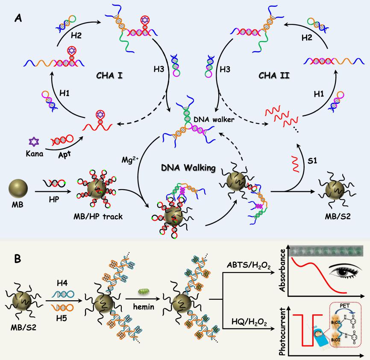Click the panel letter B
[x=18, y=259]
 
